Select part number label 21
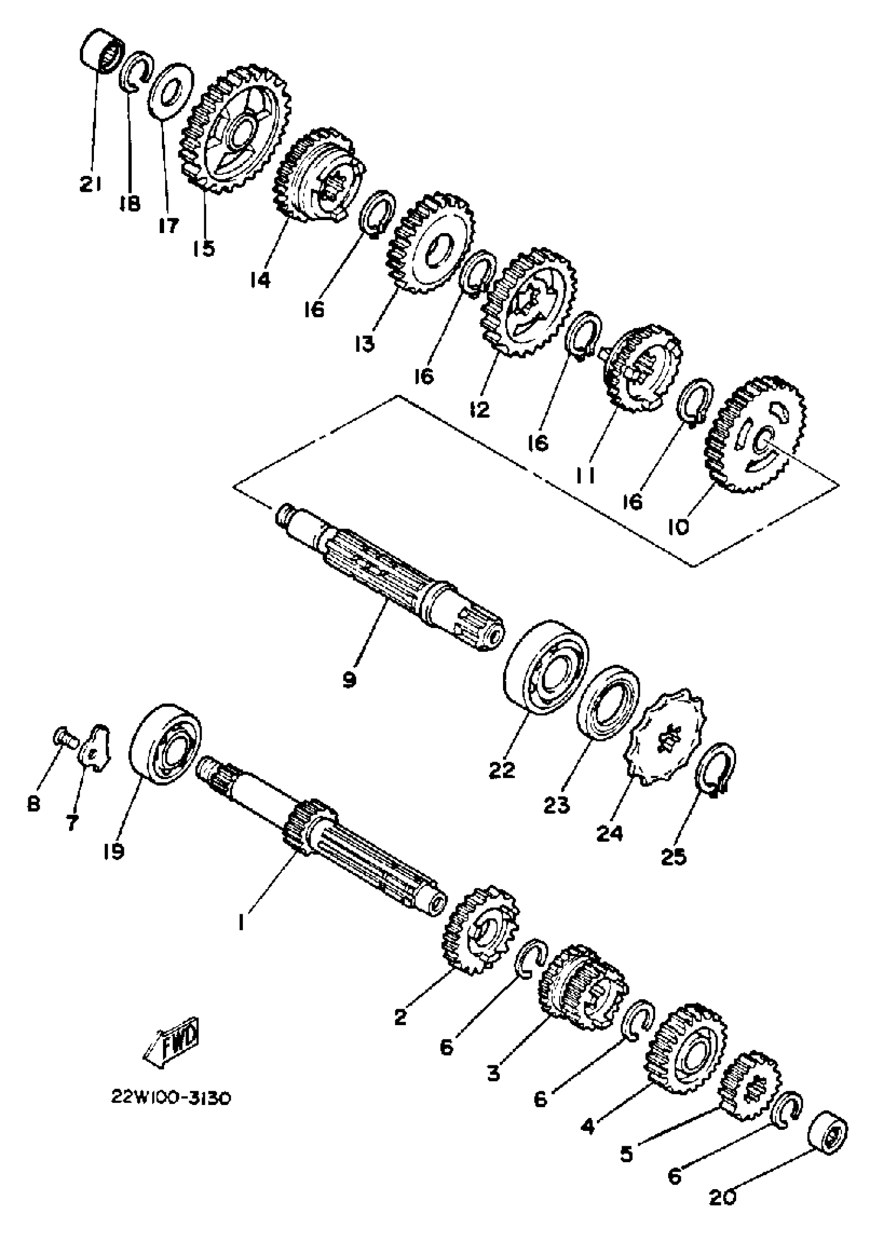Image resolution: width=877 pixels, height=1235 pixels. tap(90, 185)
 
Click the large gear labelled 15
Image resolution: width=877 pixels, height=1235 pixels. tap(235, 129)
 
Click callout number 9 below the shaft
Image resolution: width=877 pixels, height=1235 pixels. tap(349, 681)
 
